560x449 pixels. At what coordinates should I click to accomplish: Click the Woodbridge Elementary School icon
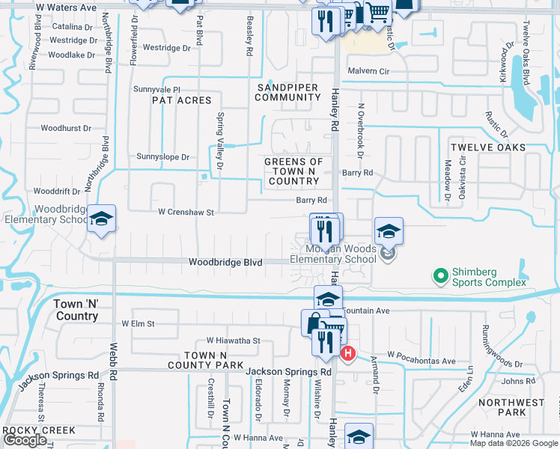[x=101, y=219]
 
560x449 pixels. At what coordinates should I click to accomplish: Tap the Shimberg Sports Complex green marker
[x=441, y=276]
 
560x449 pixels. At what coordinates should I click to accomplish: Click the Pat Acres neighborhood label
[x=182, y=100]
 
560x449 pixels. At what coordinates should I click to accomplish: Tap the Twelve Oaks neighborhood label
[x=487, y=147]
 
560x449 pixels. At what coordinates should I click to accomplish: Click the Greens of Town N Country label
[x=294, y=171]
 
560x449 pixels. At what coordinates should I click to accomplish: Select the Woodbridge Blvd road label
[x=225, y=263]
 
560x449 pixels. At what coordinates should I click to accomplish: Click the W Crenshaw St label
[x=186, y=213]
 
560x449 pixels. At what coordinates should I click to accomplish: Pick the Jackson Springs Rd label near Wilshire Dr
[x=288, y=371]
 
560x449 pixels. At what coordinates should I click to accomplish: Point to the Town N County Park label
[x=215, y=360]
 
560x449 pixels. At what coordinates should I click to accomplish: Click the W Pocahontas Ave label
[x=421, y=361]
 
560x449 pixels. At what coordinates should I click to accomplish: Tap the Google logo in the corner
[x=25, y=440]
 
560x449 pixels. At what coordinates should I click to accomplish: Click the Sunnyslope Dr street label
[x=163, y=157]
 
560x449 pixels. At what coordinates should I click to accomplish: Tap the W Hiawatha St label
[x=233, y=340]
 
